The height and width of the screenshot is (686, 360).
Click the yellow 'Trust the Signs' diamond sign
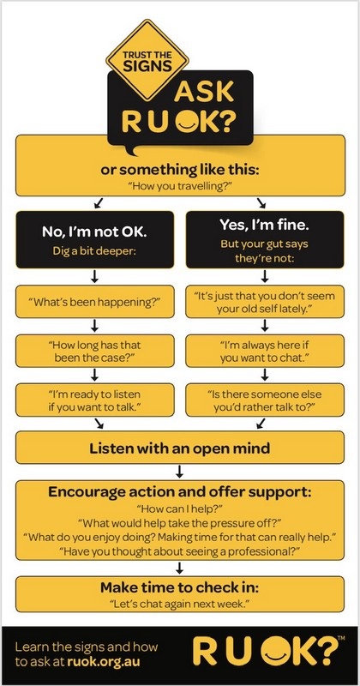point(147,60)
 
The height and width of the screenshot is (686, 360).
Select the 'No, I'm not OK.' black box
point(94,239)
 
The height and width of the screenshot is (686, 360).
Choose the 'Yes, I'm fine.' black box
point(265,239)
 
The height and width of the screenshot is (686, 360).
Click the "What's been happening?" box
point(94,302)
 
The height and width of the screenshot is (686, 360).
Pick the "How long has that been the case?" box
point(94,351)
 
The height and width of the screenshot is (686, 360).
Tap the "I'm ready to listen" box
point(94,400)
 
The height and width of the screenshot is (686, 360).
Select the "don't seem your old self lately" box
point(265,302)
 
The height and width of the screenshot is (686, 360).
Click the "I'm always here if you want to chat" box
point(265,351)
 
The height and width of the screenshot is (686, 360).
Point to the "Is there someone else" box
point(265,400)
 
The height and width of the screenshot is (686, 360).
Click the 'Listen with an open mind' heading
point(180,448)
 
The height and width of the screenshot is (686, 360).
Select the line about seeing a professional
point(180,550)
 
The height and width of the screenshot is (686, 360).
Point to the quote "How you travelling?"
point(180,186)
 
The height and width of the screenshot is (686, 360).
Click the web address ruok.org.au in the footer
point(104,662)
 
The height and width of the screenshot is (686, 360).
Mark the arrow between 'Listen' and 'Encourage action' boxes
point(179,471)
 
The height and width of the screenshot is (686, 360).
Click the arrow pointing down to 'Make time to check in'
point(179,568)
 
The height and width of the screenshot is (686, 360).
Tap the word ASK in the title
point(203,91)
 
